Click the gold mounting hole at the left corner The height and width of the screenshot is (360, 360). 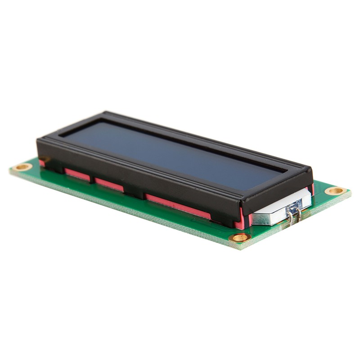[22, 167]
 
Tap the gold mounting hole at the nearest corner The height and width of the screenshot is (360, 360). [239, 237]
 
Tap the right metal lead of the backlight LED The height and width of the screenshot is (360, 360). [298, 216]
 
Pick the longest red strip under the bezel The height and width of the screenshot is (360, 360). [178, 207]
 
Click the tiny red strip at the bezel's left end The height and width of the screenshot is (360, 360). [42, 162]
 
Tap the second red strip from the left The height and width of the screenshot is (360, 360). [77, 175]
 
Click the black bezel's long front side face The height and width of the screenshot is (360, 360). [135, 173]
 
